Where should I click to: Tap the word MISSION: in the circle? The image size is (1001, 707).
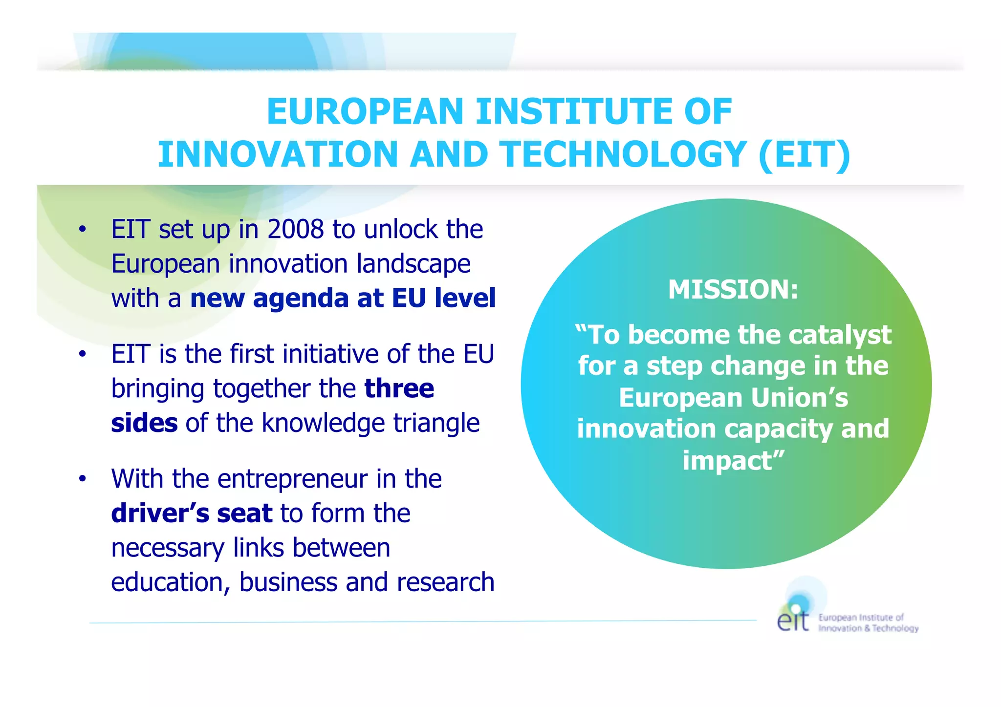click(x=733, y=289)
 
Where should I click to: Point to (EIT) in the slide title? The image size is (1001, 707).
click(x=805, y=154)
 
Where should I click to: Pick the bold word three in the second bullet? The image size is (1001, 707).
click(x=399, y=388)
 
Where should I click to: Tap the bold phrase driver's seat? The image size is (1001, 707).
click(x=192, y=513)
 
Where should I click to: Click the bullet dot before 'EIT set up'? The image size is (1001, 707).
click(x=83, y=229)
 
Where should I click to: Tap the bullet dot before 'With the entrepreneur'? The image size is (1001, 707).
click(x=83, y=479)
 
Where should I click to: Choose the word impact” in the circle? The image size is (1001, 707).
click(x=733, y=460)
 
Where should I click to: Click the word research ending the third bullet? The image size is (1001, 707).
click(x=445, y=582)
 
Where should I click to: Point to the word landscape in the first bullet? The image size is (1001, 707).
click(x=413, y=264)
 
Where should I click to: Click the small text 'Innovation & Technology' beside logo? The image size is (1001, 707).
click(x=868, y=628)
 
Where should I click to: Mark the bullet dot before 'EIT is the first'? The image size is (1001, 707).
click(x=83, y=354)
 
